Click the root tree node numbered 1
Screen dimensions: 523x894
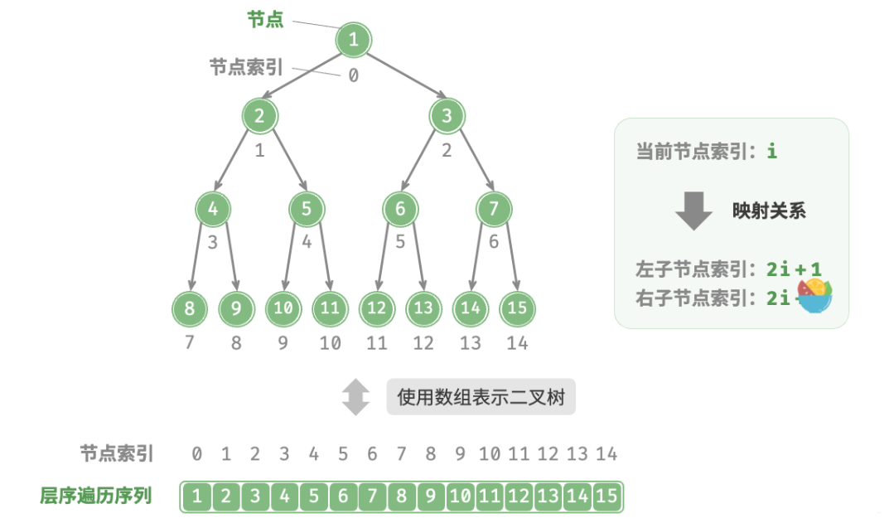point(354,39)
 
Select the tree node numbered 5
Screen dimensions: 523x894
point(307,209)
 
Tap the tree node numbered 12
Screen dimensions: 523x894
point(377,308)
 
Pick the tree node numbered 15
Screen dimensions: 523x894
point(517,308)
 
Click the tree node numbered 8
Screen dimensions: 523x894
point(190,308)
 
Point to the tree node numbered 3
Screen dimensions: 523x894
point(447,116)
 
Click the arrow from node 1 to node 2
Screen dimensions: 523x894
point(307,77)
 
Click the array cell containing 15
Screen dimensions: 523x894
point(606,496)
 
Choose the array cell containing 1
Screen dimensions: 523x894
point(196,496)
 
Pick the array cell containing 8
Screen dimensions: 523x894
point(402,496)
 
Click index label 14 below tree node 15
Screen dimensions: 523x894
point(517,342)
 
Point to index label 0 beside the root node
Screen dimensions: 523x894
point(354,75)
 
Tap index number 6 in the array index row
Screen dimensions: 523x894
point(372,453)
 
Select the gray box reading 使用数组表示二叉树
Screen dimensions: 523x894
point(481,398)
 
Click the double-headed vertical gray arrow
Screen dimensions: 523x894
point(356,398)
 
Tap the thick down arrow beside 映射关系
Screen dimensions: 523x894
point(693,211)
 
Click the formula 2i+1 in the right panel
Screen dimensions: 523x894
point(793,269)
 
